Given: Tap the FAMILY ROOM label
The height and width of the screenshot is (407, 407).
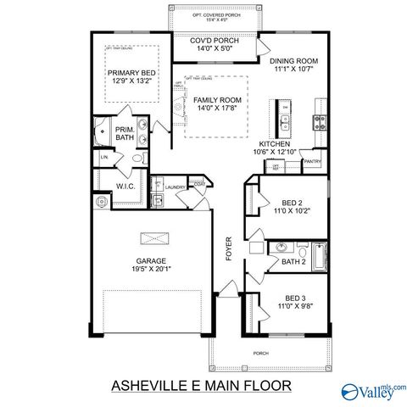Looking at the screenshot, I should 212,100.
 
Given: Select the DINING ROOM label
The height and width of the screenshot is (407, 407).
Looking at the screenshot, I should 293,62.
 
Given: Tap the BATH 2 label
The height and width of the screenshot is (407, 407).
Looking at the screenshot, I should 294,262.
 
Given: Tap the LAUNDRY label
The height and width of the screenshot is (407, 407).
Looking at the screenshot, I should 176,187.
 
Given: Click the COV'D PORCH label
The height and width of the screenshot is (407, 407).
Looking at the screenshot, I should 214,41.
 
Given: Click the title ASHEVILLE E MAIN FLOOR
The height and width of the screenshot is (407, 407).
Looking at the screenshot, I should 201,386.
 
